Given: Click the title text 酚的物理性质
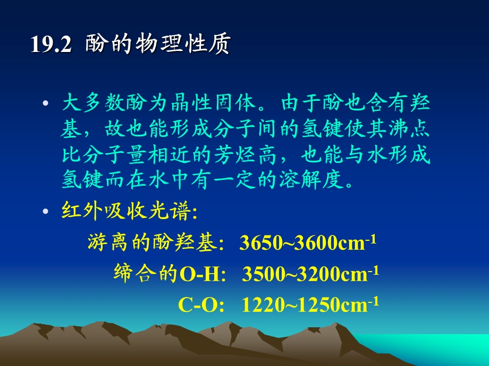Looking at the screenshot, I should (x=157, y=45).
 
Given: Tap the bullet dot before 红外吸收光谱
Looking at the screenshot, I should (x=46, y=212).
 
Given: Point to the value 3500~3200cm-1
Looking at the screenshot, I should (x=310, y=274).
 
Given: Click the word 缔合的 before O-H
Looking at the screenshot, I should (x=146, y=274).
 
